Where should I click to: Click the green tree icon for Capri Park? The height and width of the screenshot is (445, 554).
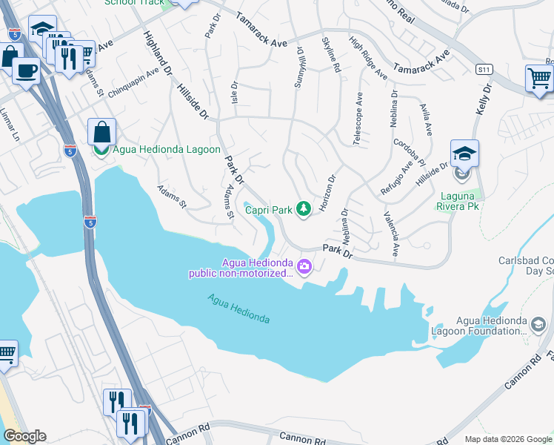(x=303, y=210)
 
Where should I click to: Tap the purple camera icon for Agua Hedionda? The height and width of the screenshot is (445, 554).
(x=304, y=266)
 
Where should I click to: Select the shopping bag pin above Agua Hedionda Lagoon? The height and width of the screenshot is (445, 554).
(x=101, y=133)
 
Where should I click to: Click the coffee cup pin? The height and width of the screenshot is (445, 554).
(x=27, y=72)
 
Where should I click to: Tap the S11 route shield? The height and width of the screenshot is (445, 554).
(x=484, y=69)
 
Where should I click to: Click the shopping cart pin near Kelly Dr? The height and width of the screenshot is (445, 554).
(x=539, y=79)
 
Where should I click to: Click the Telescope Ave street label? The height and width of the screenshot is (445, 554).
(x=359, y=119)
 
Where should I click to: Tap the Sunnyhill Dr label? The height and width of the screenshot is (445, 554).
(x=300, y=67)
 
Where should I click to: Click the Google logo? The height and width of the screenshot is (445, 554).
(x=24, y=436)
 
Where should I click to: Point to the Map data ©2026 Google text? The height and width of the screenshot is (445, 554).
(x=508, y=439)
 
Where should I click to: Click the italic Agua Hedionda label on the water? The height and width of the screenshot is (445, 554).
(x=238, y=309)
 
